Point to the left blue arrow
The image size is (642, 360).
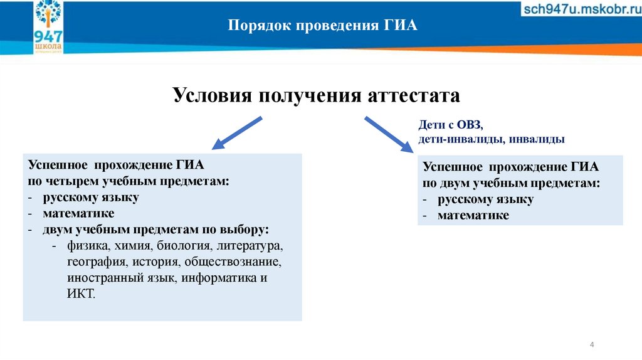pyautogui.click(x=236, y=132)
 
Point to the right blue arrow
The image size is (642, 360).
pyautogui.click(x=386, y=133)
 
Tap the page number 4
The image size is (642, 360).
pyautogui.click(x=592, y=346)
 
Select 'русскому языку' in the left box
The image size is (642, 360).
pyautogui.click(x=91, y=198)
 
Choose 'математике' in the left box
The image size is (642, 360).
pyautogui.click(x=78, y=213)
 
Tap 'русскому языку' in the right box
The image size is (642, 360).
pyautogui.click(x=485, y=199)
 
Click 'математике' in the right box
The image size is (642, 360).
pyautogui.click(x=473, y=215)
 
